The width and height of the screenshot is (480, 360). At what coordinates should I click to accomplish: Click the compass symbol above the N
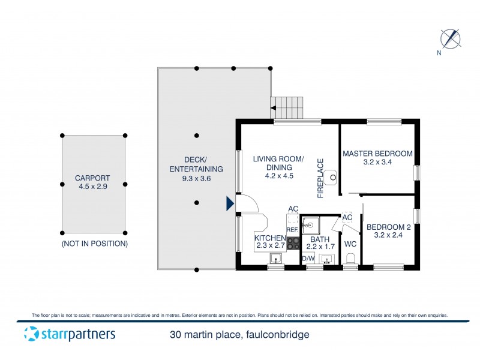[450, 38]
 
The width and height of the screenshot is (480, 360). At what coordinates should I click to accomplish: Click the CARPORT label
[93, 178]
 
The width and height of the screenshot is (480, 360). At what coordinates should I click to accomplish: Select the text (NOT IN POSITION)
[94, 244]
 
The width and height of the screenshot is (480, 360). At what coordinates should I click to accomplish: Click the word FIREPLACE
[320, 178]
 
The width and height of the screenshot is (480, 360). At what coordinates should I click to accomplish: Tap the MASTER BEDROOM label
[377, 154]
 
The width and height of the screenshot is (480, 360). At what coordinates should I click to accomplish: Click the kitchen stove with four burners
[293, 243]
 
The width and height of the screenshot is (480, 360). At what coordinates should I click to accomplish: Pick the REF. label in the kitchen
[292, 229]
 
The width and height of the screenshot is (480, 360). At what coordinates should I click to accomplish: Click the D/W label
[308, 259]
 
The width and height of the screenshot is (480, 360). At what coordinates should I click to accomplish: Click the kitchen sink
[275, 259]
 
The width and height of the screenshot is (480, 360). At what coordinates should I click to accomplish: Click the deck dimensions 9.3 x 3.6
[196, 178]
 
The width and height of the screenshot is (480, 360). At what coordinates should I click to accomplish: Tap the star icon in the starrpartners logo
[29, 334]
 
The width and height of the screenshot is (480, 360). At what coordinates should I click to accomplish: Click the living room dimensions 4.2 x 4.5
[278, 176]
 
